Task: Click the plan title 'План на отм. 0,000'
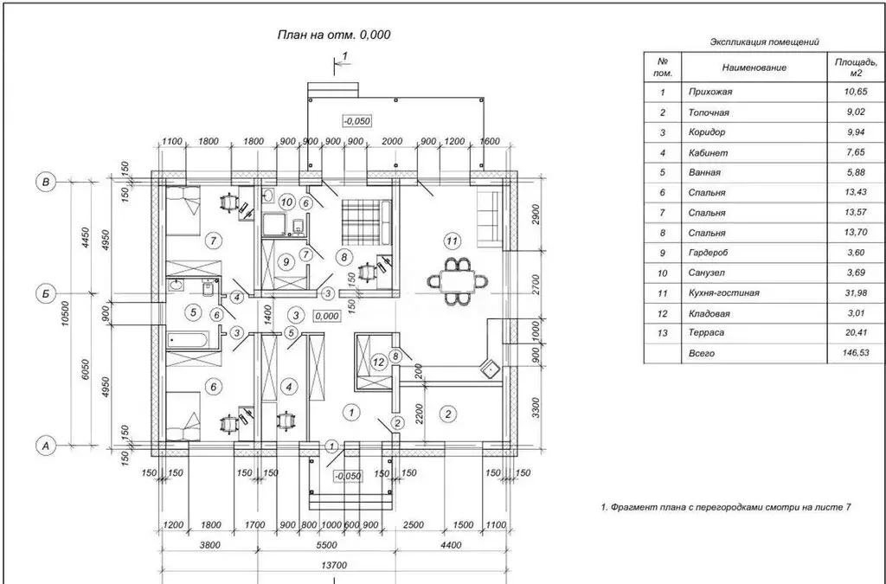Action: click(x=334, y=35)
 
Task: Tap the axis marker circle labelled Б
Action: click(x=45, y=293)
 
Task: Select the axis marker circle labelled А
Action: click(x=47, y=446)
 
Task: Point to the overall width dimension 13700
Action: click(x=334, y=565)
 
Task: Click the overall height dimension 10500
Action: click(x=65, y=313)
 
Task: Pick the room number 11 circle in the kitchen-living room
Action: click(x=452, y=241)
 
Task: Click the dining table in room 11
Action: click(x=459, y=280)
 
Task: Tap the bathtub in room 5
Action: click(x=188, y=340)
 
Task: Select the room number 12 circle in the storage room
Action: click(x=379, y=361)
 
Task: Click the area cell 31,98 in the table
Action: click(x=856, y=293)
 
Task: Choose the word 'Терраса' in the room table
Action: click(x=706, y=333)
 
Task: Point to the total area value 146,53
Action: click(x=856, y=353)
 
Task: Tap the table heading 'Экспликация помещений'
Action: click(x=764, y=42)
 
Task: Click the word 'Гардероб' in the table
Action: click(x=708, y=253)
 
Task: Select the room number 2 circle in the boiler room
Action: click(x=448, y=414)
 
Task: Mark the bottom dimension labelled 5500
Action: click(x=326, y=545)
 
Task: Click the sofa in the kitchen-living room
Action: click(x=490, y=219)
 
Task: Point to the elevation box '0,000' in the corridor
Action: click(x=327, y=317)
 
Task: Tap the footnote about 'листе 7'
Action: click(x=726, y=507)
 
